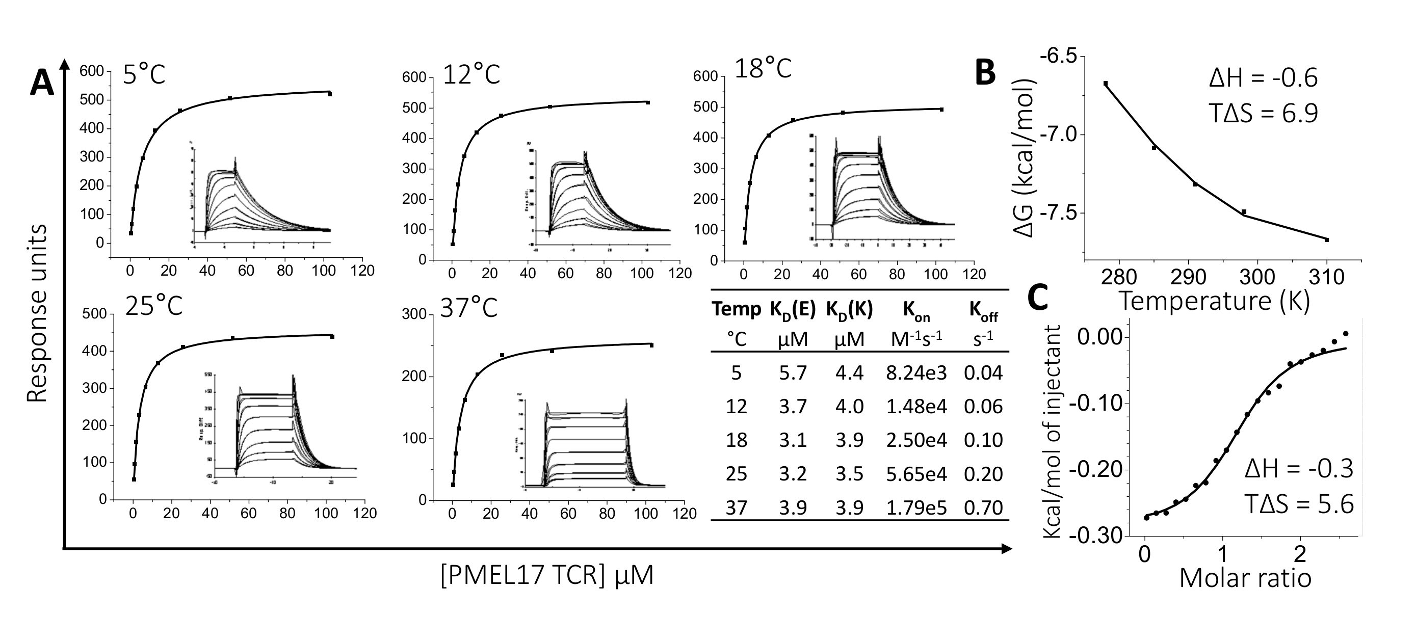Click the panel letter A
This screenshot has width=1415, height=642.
click(x=42, y=84)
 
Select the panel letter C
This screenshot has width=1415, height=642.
click(x=1038, y=298)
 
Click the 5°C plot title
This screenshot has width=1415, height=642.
click(x=144, y=74)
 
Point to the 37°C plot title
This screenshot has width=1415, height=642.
click(x=468, y=308)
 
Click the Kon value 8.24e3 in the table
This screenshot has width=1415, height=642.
click(x=916, y=373)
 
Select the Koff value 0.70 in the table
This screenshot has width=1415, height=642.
click(x=983, y=507)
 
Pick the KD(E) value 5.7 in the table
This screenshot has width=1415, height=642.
click(x=793, y=373)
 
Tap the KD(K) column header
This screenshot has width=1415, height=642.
click(x=849, y=310)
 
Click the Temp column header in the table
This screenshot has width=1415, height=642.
click(x=736, y=309)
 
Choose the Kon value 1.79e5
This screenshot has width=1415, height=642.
click(x=916, y=507)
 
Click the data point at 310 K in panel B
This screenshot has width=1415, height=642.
click(x=1326, y=240)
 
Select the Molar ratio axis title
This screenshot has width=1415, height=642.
click(x=1245, y=578)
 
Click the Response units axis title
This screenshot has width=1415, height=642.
click(x=37, y=313)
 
